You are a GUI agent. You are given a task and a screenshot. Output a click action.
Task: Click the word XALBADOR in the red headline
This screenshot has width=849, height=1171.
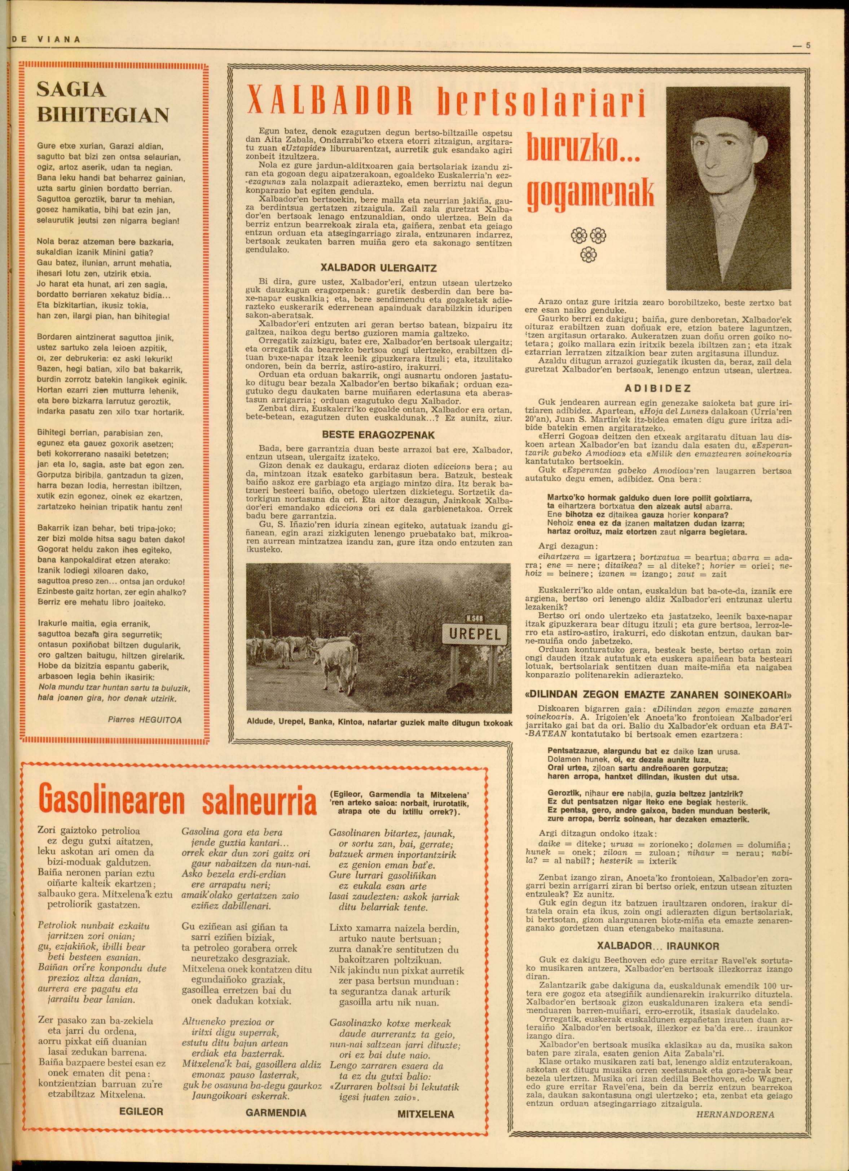330,100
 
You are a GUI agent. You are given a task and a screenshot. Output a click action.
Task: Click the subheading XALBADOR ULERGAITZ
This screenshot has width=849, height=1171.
379,268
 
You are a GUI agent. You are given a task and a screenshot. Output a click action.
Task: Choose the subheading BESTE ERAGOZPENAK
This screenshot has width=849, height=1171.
379,435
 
